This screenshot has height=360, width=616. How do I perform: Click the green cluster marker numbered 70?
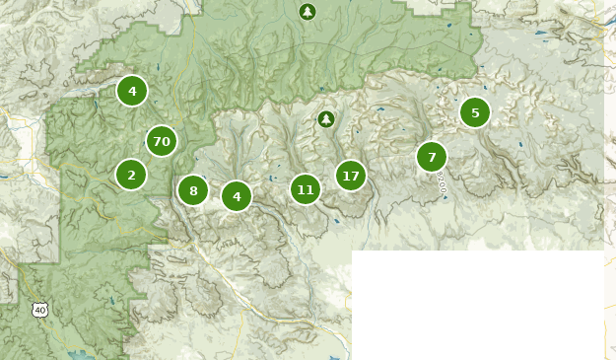[162, 142]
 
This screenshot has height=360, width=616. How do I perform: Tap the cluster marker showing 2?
[131, 175]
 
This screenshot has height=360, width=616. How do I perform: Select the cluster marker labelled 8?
[193, 190]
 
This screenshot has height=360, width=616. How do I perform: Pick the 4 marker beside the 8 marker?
[237, 196]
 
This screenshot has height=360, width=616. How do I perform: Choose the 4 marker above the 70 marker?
[132, 91]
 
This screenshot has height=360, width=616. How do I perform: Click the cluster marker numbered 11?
[306, 189]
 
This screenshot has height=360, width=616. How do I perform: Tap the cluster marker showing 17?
[350, 177]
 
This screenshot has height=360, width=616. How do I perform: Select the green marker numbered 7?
[432, 157]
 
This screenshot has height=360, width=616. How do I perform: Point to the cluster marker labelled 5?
[475, 112]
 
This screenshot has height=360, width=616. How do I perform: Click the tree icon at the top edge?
[308, 12]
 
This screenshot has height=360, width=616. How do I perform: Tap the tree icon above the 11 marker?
[326, 119]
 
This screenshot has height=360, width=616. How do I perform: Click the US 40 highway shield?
[39, 310]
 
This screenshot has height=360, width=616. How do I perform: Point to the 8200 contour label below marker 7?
[442, 181]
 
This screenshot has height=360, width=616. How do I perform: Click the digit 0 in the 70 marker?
[167, 142]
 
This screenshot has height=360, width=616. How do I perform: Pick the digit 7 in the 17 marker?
[355, 177]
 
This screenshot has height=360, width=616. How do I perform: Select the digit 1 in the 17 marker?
[345, 177]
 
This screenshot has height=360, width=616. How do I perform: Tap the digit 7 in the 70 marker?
[157, 142]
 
